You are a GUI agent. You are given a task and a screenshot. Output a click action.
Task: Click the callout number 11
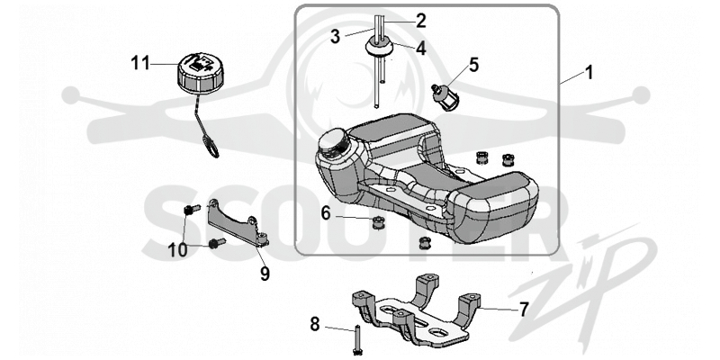(x=140, y=64)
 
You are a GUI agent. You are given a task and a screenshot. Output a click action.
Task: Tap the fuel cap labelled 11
(x=199, y=73)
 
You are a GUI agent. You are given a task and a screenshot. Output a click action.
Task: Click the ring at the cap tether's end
(x=211, y=148)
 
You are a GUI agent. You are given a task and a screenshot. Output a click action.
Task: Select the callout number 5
(x=473, y=65)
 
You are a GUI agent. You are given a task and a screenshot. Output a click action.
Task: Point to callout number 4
(x=420, y=49)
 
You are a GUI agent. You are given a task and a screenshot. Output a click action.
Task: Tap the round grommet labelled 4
(x=379, y=47)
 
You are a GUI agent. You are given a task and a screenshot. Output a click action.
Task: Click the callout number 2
(x=420, y=21)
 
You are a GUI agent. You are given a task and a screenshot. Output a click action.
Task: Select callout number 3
(x=335, y=37)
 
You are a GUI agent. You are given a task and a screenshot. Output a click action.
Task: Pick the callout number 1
(x=589, y=73)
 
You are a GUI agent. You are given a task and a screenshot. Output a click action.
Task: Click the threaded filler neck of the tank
(x=334, y=140)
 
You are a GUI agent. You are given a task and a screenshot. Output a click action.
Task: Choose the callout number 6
(x=326, y=212)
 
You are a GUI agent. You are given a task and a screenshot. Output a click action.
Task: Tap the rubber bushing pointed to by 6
(x=378, y=223)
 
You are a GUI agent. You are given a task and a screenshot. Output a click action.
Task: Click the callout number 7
(x=524, y=310)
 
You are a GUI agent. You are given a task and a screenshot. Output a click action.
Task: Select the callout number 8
(x=314, y=324)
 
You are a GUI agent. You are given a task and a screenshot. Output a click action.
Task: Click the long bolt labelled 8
(x=357, y=339)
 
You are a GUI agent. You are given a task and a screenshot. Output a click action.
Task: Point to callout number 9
(x=265, y=274)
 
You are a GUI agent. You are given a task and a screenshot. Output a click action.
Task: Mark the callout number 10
(x=177, y=250)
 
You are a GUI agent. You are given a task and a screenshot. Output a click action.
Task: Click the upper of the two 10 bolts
(x=191, y=210)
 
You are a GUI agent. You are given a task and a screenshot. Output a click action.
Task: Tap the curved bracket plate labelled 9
(x=237, y=224)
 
